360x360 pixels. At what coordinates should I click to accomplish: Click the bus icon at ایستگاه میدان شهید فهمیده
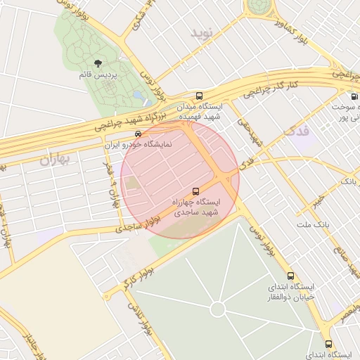[x=200, y=96]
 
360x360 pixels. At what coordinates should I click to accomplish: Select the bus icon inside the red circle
[x=195, y=191]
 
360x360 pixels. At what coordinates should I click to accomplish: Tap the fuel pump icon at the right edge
[x=353, y=96]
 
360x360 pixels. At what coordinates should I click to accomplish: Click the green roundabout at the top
[x=262, y=6]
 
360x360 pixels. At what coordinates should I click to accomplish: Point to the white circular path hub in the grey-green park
[x=217, y=309]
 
